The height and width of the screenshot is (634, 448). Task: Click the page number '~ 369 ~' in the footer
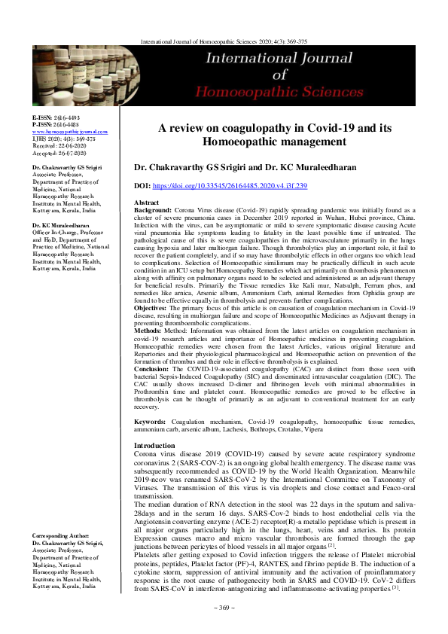224,627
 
